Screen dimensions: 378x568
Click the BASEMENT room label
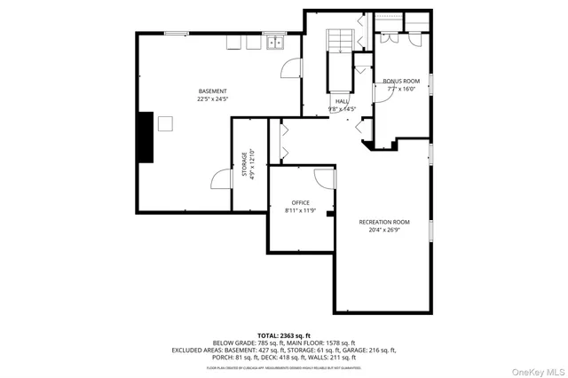[x=212, y=91]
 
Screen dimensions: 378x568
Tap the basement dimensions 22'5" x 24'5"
[x=212, y=99]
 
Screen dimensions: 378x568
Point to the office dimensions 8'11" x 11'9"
[x=301, y=211]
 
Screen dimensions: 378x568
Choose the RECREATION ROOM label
[x=384, y=221]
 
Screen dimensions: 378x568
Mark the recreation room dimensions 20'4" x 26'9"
[x=384, y=230]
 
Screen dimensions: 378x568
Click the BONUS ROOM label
[x=401, y=81]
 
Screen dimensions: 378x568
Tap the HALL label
[x=342, y=101]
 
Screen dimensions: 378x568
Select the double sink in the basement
[x=274, y=42]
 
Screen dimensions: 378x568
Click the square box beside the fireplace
[x=165, y=123]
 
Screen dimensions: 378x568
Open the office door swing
[x=326, y=177]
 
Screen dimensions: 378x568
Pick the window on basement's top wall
[x=176, y=34]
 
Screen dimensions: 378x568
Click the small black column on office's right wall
[x=329, y=213]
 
